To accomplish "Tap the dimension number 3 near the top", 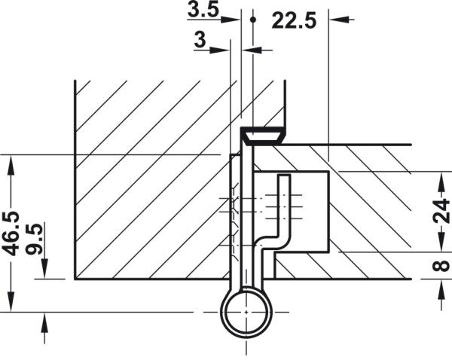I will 200,41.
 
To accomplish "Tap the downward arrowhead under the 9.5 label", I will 44,272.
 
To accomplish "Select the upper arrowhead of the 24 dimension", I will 440,178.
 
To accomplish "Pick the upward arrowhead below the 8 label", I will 440,286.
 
